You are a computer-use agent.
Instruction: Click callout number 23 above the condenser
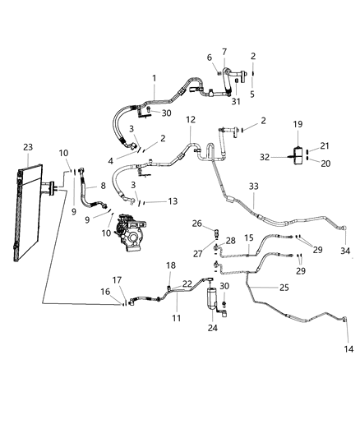click(x=28, y=148)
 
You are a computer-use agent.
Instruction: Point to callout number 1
click(x=153, y=78)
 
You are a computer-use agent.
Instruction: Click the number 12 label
click(x=191, y=119)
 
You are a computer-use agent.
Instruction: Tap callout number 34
click(x=345, y=250)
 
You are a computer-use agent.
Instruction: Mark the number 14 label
click(x=348, y=349)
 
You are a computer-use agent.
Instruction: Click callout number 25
click(x=284, y=287)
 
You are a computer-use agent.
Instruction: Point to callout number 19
click(x=298, y=124)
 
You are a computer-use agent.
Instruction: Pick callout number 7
click(x=224, y=52)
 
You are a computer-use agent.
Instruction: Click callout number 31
click(x=235, y=101)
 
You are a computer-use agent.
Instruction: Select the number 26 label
click(x=196, y=223)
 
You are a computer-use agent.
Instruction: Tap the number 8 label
click(x=104, y=186)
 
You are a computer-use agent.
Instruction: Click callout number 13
click(x=172, y=201)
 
